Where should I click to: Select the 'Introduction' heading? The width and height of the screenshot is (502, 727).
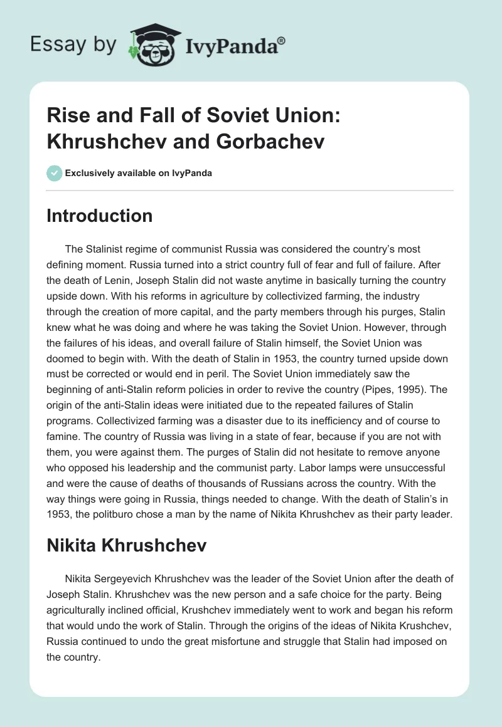[100, 216]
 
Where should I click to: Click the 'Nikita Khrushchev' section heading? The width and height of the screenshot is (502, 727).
[126, 545]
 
